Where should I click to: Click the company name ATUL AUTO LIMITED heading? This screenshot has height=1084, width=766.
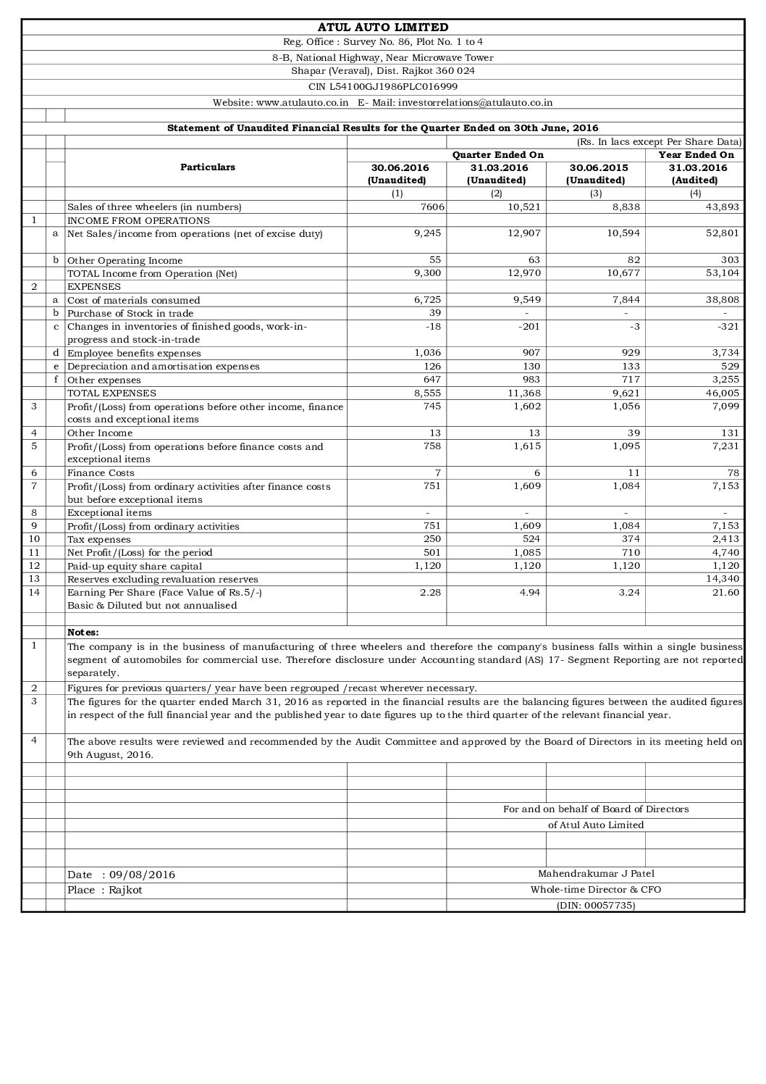pos(382,28)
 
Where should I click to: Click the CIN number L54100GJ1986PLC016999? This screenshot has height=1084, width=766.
pos(382,86)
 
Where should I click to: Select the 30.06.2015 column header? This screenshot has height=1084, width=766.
pos(595,168)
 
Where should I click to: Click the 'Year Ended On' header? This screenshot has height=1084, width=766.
pos(696,154)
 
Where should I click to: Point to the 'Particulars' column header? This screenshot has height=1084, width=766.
pos(207,167)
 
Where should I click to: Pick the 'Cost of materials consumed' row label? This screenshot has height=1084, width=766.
pos(134,300)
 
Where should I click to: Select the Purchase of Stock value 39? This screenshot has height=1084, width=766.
pos(434,313)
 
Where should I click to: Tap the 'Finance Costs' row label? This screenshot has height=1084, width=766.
pos(101,473)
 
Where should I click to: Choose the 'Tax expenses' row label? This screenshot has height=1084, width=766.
pos(99,540)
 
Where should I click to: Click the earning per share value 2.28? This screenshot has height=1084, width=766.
pos(431,592)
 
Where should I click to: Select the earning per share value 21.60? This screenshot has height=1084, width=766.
pos(725,592)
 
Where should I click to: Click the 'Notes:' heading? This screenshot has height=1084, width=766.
pos(83,633)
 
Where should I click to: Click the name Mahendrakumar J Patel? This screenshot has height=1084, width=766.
pos(596,874)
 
